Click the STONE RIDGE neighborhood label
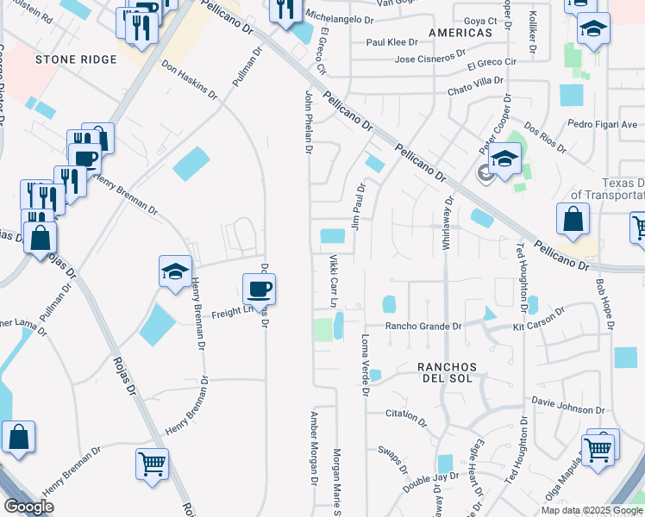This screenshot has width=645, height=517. pyautogui.click(x=64, y=59)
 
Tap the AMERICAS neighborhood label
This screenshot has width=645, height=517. pyautogui.click(x=460, y=32)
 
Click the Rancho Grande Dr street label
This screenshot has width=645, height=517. pyautogui.click(x=423, y=327)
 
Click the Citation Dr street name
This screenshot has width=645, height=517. pyautogui.click(x=406, y=416)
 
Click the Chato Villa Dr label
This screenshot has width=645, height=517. pyautogui.click(x=475, y=80)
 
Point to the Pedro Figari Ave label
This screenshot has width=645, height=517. pyautogui.click(x=603, y=125)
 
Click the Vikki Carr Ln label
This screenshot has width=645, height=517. pyautogui.click(x=332, y=281)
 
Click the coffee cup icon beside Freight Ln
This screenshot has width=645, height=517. pyautogui.click(x=259, y=288)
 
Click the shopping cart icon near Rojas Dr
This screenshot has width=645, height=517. pyautogui.click(x=153, y=463)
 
